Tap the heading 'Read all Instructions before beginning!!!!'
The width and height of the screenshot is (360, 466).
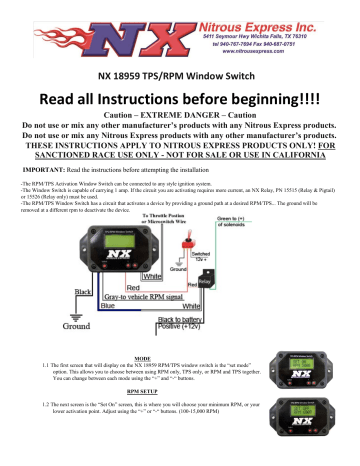coord(180,99)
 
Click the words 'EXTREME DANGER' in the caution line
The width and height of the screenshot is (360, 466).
coord(179,118)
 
